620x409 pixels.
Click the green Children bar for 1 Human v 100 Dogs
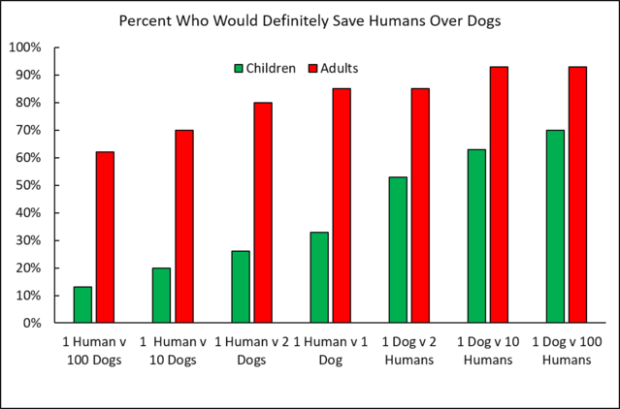[82, 304]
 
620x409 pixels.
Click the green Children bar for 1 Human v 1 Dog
[319, 277]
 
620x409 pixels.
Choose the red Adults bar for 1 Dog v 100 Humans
[578, 194]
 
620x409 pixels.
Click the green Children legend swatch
[238, 69]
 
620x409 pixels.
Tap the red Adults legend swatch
[312, 69]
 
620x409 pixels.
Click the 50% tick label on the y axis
[26, 185]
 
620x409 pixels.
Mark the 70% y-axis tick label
[26, 130]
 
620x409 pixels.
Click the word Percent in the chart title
[146, 20]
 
